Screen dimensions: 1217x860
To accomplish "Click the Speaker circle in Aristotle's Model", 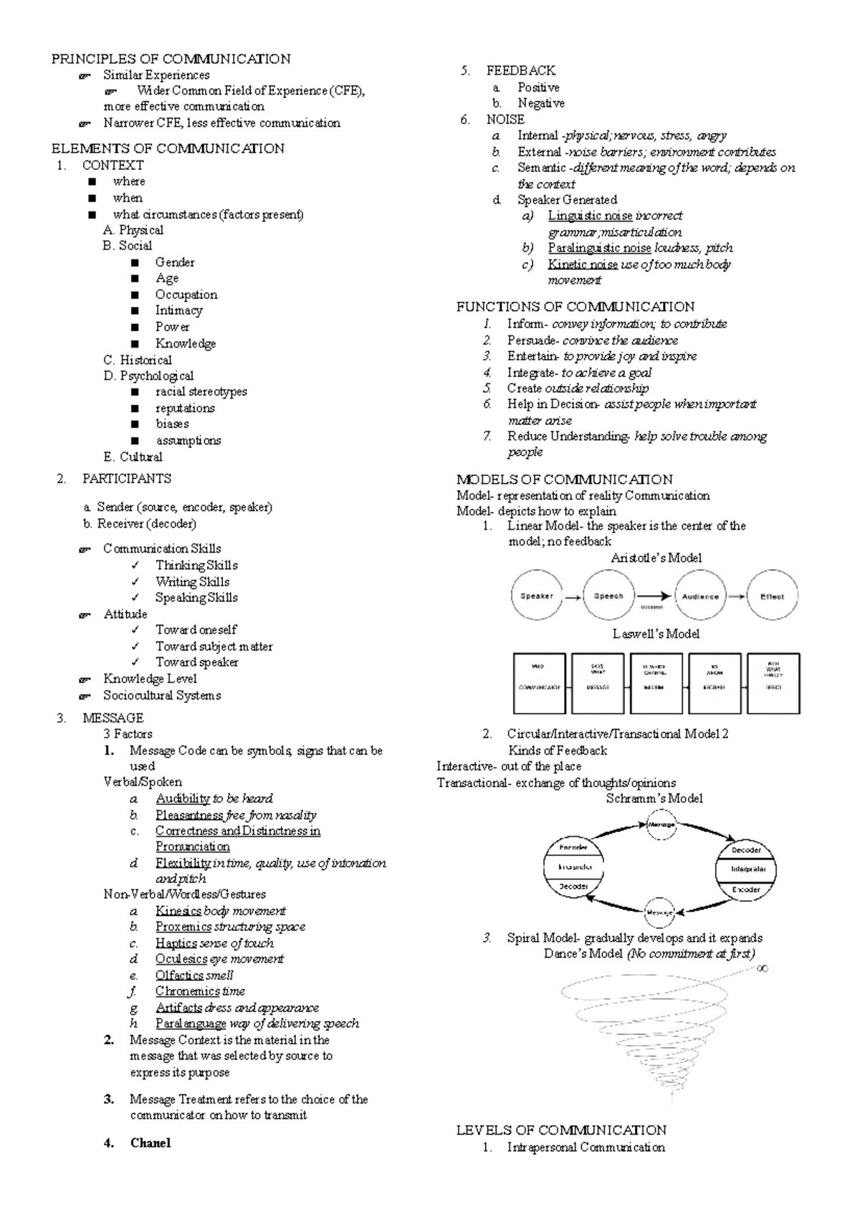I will [x=537, y=596].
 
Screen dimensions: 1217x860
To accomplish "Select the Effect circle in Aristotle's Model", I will [x=772, y=596].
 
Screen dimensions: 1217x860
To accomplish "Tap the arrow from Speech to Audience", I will [x=654, y=596].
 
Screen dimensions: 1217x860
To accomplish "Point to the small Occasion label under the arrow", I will [x=651, y=608].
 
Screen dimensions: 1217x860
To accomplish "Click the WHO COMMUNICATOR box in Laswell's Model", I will [x=539, y=682].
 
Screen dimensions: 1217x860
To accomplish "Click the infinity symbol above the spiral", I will [x=763, y=968].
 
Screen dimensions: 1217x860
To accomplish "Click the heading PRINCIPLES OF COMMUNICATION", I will [x=171, y=59].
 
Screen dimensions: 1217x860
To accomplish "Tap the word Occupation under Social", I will [x=186, y=295].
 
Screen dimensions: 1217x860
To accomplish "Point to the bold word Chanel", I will [x=150, y=1143].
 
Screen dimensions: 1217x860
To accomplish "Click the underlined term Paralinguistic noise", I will [x=599, y=248].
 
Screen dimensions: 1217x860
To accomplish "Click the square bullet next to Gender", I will [x=135, y=262].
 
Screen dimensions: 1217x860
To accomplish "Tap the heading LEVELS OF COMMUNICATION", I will [x=561, y=1130].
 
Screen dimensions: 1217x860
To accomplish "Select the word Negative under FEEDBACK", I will [x=541, y=103].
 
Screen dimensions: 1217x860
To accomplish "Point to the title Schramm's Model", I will [x=654, y=798].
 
